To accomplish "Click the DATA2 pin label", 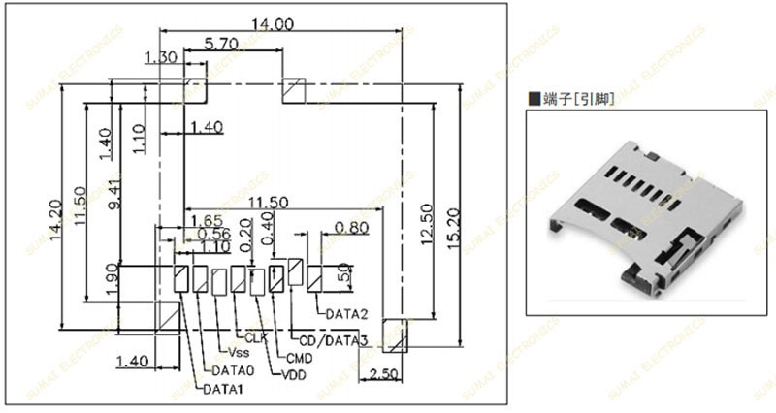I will click(x=346, y=314).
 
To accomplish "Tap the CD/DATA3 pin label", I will click(x=332, y=340).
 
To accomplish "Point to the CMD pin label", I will click(x=299, y=359).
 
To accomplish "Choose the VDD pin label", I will click(x=295, y=372).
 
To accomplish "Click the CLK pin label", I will click(x=255, y=337).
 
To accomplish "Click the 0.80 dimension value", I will click(x=350, y=228).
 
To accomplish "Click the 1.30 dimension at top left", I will click(x=160, y=58).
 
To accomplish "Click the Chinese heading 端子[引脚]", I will click(x=577, y=98).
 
